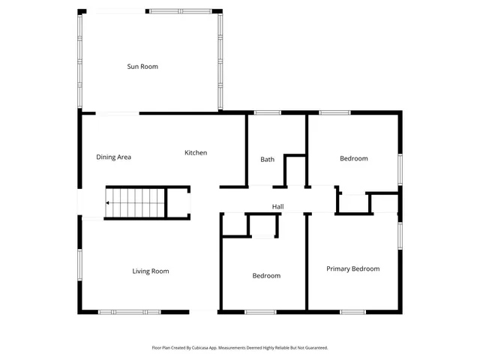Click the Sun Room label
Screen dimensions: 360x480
[142, 67]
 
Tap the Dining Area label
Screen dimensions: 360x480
[114, 157]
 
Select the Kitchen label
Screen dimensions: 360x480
[196, 153]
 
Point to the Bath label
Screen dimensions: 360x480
[268, 159]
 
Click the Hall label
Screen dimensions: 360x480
[277, 207]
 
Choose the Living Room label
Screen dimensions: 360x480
[151, 271]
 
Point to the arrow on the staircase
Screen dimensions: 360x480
[109, 202]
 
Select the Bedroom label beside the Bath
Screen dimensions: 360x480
[353, 158]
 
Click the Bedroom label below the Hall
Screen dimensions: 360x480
[266, 276]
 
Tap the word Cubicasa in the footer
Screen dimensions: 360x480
[196, 348]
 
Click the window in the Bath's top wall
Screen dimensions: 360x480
[268, 112]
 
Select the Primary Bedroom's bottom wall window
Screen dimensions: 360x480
[352, 311]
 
